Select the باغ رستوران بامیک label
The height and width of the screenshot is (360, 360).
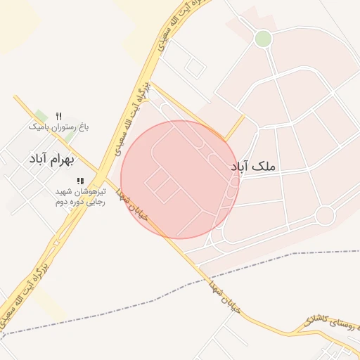pos(59,127)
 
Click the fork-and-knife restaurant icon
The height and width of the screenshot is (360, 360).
pos(59,115)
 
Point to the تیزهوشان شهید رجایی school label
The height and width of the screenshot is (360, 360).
pos(80,196)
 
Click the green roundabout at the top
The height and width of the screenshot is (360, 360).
pos(263,39)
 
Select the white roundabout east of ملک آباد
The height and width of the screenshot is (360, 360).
pos(325,215)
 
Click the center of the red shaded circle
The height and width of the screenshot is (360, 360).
pos(180,179)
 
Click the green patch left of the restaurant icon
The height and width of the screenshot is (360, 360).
pos(41,116)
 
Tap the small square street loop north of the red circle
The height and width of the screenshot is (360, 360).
pos(195,68)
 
